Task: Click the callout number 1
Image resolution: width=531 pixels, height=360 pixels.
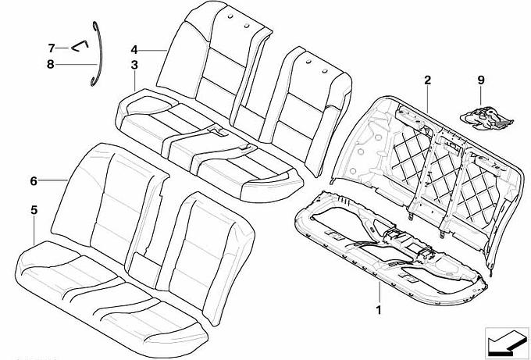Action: click(379, 309)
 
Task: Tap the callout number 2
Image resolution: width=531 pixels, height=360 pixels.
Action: click(427, 80)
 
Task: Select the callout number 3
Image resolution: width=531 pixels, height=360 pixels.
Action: click(134, 65)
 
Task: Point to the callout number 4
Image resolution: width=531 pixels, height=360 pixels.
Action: click(134, 50)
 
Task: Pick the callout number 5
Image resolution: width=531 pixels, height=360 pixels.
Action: click(34, 210)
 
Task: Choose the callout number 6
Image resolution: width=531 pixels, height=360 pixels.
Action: click(33, 181)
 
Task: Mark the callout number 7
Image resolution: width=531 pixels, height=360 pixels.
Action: click(51, 48)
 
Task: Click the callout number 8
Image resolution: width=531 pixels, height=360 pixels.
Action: click(51, 64)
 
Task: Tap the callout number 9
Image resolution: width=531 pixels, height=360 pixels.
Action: click(481, 80)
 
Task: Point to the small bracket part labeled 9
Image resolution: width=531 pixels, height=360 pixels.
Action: click(487, 119)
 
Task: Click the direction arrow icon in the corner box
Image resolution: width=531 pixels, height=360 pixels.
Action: click(507, 343)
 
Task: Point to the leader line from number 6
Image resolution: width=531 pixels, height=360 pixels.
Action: click(53, 181)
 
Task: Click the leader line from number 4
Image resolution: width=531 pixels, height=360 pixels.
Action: click(152, 51)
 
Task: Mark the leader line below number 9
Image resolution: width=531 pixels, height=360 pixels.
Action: click(481, 97)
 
